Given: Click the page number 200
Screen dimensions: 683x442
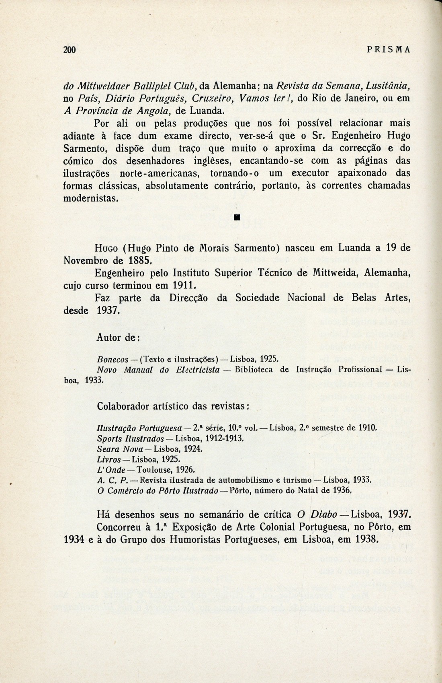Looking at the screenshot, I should coord(70,50).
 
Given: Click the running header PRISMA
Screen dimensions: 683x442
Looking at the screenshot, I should coord(389,50).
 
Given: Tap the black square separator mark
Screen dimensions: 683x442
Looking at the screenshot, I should coord(237,218).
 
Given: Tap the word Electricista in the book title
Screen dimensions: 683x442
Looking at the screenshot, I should coord(198,369).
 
